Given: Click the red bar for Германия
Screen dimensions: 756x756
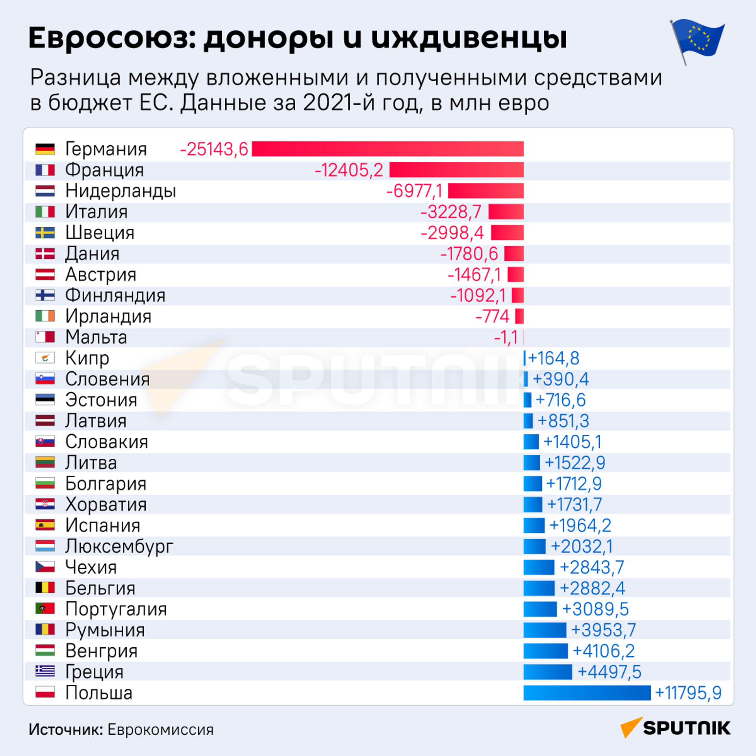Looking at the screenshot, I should (387, 149).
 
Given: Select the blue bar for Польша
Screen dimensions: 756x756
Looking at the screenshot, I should (587, 693).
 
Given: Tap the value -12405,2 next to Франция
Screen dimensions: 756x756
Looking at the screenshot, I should (349, 170).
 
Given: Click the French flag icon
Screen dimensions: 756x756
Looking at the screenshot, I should (45, 170).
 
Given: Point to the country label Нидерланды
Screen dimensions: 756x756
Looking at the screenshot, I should (120, 191).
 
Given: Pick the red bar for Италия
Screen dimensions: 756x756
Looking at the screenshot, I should (506, 212).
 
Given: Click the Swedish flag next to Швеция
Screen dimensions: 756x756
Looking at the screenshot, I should (45, 233).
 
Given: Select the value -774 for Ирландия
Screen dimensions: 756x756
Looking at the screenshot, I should (493, 316).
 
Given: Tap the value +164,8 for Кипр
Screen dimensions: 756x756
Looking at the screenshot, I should (554, 358).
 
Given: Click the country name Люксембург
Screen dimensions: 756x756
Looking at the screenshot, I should (119, 547).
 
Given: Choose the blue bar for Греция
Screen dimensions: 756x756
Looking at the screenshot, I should (547, 672).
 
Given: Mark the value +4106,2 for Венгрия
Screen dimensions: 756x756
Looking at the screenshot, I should (603, 651).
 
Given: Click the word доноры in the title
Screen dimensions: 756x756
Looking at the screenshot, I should (269, 39).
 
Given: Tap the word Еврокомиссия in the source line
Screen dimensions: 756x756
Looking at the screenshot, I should (160, 730).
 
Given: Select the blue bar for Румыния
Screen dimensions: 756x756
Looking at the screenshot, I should (545, 630).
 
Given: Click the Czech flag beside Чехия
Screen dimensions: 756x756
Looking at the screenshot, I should (45, 567).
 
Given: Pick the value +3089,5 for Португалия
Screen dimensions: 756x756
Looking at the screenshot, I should (595, 609).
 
